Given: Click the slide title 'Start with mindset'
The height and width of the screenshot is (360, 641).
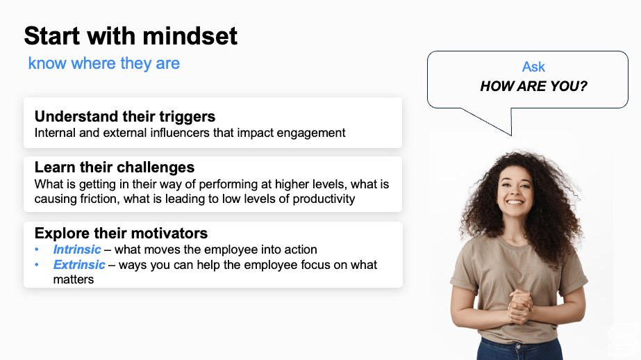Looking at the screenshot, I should coord(131,35).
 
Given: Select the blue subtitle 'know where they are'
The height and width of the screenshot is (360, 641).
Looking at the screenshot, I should coord(103,63).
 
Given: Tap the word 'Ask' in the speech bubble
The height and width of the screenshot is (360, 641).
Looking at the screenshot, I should coord(533,67).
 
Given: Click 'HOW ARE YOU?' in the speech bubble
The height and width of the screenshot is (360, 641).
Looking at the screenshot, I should coord(533,87).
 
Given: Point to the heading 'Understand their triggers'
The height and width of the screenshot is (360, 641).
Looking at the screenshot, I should coord(125,116).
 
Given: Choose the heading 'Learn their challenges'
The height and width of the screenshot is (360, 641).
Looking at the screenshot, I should coord(115,167).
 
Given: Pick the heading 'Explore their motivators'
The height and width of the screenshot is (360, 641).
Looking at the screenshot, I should coord(121,233).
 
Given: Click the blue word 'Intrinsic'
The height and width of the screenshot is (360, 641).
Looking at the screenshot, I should coord(77,249).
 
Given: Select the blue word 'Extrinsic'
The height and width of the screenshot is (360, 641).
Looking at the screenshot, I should coord(79,265).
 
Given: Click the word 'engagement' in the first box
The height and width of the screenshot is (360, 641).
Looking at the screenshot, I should coord(312,132).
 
